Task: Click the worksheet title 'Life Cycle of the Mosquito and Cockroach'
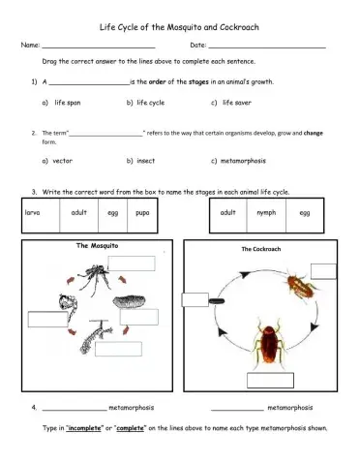[179, 28]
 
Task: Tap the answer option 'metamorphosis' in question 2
[250, 160]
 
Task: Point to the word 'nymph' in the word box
[266, 212]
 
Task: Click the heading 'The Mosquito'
[98, 246]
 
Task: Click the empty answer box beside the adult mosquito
[137, 262]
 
